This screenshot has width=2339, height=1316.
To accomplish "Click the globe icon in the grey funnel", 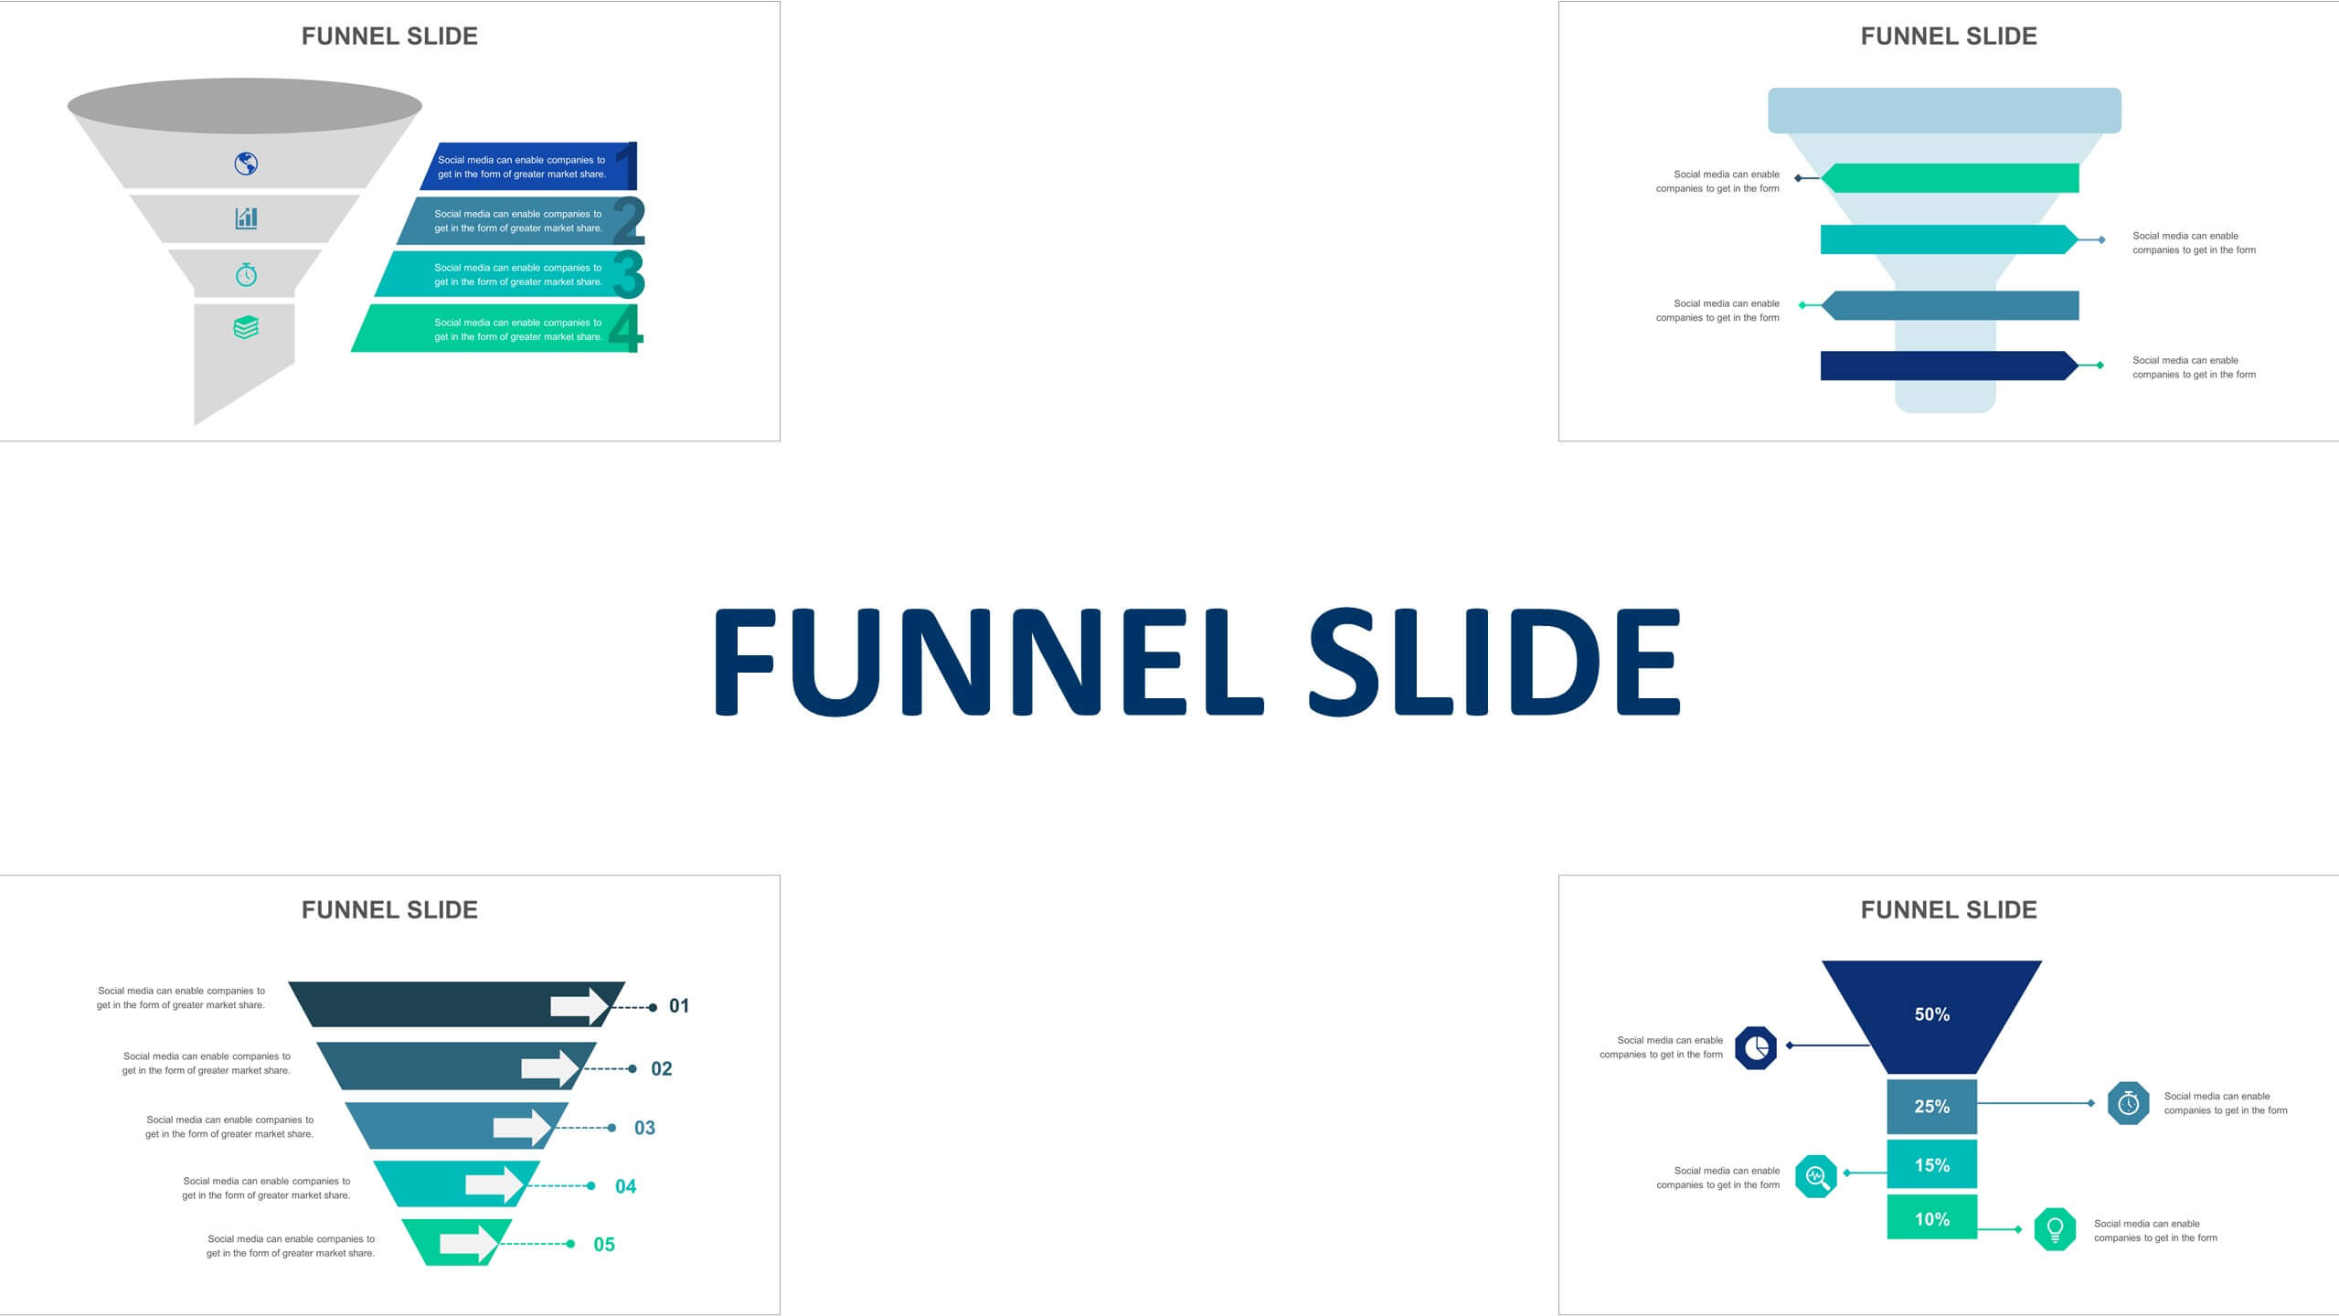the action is (x=246, y=164).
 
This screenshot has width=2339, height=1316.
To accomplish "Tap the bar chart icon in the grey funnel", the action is (x=246, y=218).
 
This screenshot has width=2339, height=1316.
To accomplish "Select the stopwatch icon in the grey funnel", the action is (x=246, y=274).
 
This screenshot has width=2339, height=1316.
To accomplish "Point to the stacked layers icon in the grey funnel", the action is (x=246, y=327).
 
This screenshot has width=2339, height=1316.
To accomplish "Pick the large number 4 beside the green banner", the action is (x=625, y=328).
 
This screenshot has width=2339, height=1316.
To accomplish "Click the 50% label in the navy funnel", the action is (x=1932, y=1014).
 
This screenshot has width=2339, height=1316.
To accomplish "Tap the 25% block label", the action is (x=1932, y=1107).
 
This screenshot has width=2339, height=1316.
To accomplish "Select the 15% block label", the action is (x=1932, y=1165).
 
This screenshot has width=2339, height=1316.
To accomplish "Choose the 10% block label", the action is (x=1932, y=1219).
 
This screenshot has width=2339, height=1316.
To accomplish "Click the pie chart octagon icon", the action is (x=1756, y=1047).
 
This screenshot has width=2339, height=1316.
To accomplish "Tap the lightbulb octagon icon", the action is (x=2055, y=1229).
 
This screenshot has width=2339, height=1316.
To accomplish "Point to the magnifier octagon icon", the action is (x=1816, y=1176).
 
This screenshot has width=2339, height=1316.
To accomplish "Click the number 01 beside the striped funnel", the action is (x=679, y=1006).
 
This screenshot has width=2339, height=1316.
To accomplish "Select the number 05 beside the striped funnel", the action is (x=604, y=1245).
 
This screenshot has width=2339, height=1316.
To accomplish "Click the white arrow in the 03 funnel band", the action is (x=523, y=1127).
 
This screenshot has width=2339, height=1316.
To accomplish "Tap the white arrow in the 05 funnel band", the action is (x=470, y=1244).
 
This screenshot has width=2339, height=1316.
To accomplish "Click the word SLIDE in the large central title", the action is (x=1495, y=662).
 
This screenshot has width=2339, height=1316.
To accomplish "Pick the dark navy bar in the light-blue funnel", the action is (x=1950, y=366).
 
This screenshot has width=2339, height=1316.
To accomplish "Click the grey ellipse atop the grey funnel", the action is (x=245, y=106).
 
